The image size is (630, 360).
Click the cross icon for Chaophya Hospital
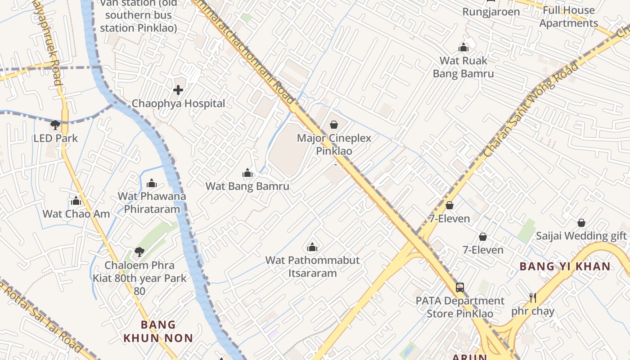[x=178, y=90]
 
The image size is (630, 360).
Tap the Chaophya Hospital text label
[x=178, y=103]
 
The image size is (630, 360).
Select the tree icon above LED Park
[x=55, y=125]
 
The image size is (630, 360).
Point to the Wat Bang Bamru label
[x=247, y=186]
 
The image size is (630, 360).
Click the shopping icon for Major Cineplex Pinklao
[x=334, y=125]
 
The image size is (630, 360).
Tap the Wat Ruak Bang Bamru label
[x=463, y=67]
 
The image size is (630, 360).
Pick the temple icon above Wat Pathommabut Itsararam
[x=312, y=247]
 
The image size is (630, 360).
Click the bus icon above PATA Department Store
[x=459, y=287]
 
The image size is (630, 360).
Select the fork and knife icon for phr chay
[x=533, y=297]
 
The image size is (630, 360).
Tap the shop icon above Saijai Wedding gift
[x=581, y=223]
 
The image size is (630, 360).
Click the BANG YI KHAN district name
[x=565, y=266]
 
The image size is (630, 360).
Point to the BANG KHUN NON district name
[x=158, y=331]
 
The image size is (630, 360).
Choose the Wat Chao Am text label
[x=76, y=214]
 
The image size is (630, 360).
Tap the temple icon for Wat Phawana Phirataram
[x=152, y=183]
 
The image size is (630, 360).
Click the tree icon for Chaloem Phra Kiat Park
[x=139, y=252]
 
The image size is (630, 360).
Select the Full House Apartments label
[x=569, y=17]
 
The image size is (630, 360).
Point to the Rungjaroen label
[x=491, y=12]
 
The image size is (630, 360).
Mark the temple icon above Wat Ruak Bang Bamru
[x=463, y=47]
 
